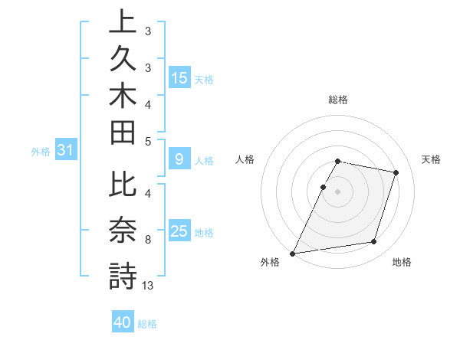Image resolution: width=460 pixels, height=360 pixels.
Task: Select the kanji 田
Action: [x=123, y=136]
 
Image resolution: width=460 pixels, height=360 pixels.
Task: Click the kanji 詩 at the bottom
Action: [x=123, y=276]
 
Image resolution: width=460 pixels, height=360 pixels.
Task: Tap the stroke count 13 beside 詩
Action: [x=148, y=286]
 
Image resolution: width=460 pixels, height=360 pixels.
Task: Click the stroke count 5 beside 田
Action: [x=148, y=141]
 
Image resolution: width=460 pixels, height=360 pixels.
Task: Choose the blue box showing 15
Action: [x=179, y=78]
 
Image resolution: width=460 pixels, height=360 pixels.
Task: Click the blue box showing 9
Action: [x=179, y=160]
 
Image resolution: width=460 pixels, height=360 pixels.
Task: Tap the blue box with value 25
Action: [x=179, y=232]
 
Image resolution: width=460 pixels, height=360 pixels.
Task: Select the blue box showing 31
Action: [x=65, y=151]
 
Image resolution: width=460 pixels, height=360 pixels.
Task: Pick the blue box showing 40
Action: [x=123, y=322]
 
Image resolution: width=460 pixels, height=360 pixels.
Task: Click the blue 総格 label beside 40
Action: [x=147, y=324]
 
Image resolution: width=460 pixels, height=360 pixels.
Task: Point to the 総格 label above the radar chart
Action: [x=338, y=100]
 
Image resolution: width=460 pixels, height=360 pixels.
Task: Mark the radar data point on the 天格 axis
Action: [x=396, y=172]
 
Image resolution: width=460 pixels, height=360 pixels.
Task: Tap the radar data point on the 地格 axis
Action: [x=373, y=241]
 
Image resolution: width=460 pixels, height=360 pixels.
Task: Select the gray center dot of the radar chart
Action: [x=337, y=191]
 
